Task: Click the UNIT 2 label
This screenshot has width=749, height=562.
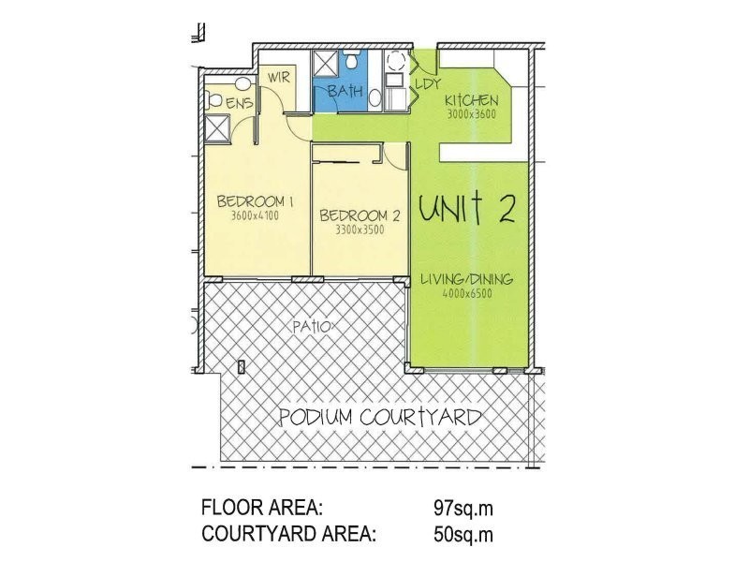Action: (466, 208)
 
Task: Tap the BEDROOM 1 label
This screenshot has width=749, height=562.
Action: (256, 200)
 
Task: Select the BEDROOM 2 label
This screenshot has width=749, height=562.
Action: (360, 215)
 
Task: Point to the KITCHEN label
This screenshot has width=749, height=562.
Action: (471, 101)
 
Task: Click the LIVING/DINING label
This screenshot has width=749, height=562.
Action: (469, 279)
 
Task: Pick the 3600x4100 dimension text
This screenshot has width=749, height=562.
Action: (256, 215)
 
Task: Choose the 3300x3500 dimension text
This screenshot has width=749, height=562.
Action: (360, 229)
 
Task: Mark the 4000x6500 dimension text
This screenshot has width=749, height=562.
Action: (469, 293)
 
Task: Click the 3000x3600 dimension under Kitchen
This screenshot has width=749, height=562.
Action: (471, 115)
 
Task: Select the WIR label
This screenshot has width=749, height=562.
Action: (279, 78)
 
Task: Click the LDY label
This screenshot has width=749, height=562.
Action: (427, 84)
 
